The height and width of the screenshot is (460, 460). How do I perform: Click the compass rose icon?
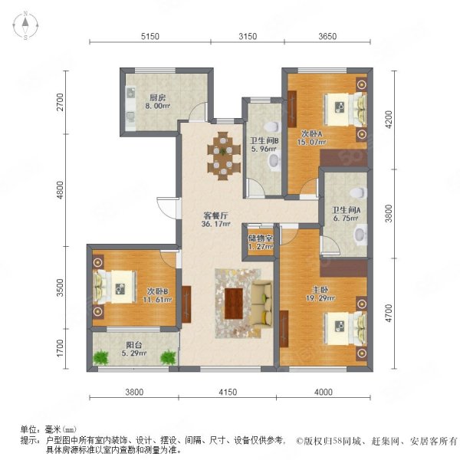(25, 25)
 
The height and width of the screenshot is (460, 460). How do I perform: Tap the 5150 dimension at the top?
(150, 36)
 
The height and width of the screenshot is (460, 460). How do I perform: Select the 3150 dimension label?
(248, 36)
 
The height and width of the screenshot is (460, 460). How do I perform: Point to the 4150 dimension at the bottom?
(228, 392)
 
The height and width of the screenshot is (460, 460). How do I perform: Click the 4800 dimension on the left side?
(60, 190)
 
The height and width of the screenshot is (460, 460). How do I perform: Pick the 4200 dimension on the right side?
(389, 120)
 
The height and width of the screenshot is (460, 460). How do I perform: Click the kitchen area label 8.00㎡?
(157, 106)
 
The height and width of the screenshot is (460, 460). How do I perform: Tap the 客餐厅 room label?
(215, 216)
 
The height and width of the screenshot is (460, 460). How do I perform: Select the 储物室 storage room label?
(260, 238)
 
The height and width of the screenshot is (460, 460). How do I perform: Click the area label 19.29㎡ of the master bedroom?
(320, 298)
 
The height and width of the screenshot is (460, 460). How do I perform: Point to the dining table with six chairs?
(223, 156)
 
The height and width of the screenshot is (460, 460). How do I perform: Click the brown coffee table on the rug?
(234, 304)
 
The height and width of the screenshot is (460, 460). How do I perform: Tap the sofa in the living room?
(262, 304)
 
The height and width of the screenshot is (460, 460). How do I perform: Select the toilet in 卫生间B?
(272, 127)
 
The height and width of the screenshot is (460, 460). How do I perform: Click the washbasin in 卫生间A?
(360, 234)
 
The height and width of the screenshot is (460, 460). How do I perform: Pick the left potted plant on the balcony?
(100, 357)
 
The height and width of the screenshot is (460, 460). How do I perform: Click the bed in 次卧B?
(115, 287)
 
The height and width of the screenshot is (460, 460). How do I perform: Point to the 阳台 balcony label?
(134, 345)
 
